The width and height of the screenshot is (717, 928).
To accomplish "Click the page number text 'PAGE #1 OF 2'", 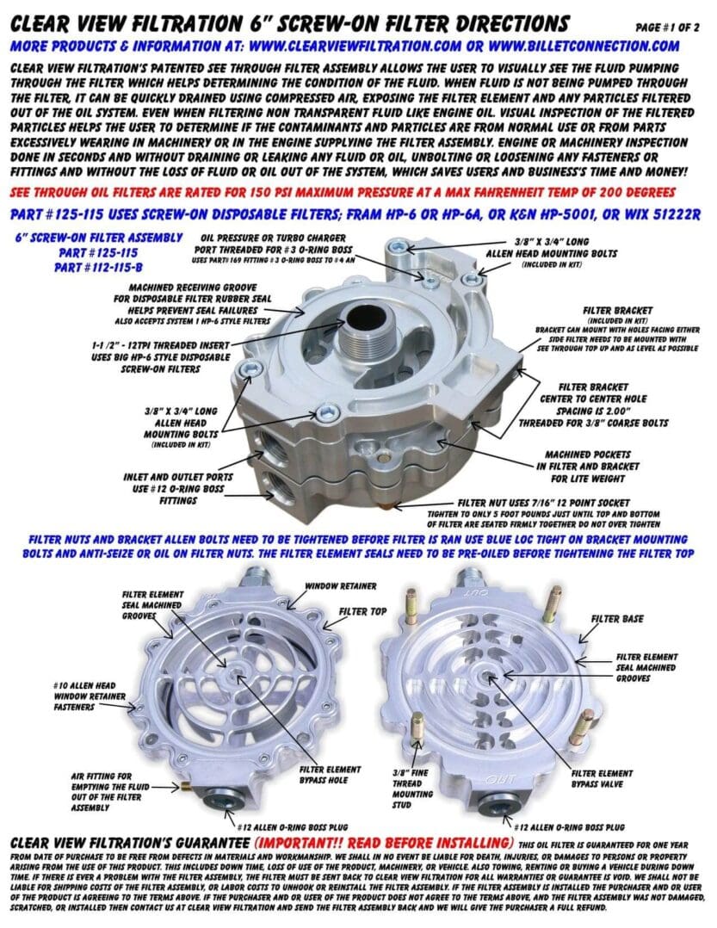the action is (667, 28).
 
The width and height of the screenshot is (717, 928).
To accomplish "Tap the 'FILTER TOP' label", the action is (362, 611).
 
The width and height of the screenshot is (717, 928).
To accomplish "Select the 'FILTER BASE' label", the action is (617, 619).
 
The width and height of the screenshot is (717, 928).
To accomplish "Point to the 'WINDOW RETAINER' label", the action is (341, 586).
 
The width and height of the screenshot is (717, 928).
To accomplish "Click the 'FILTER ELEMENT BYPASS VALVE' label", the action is (602, 779).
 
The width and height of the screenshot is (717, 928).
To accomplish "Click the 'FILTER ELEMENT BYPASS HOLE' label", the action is (330, 775).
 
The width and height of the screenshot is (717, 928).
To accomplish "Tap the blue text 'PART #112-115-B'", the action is (98, 268).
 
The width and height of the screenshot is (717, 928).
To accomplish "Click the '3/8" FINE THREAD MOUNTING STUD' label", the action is (412, 789).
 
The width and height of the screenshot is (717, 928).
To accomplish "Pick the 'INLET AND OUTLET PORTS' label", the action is (178, 476).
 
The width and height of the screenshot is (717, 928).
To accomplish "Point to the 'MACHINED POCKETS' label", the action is (587, 455).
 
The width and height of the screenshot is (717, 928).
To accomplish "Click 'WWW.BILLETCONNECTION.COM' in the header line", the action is (584, 46).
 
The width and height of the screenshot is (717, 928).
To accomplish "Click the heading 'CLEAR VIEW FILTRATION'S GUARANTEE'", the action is (130, 843).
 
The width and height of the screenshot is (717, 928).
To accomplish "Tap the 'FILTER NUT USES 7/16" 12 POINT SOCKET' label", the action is (544, 503).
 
